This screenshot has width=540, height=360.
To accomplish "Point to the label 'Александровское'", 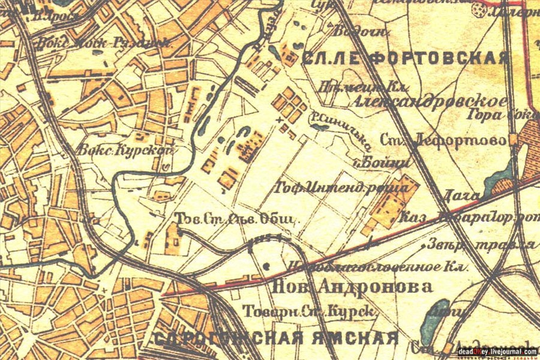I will coord(430,101).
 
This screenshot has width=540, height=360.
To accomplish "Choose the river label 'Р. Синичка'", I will coord(337,131).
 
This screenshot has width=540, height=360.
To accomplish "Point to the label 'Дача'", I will coord(461,195).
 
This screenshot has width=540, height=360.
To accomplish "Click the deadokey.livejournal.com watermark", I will coord(496,352).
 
